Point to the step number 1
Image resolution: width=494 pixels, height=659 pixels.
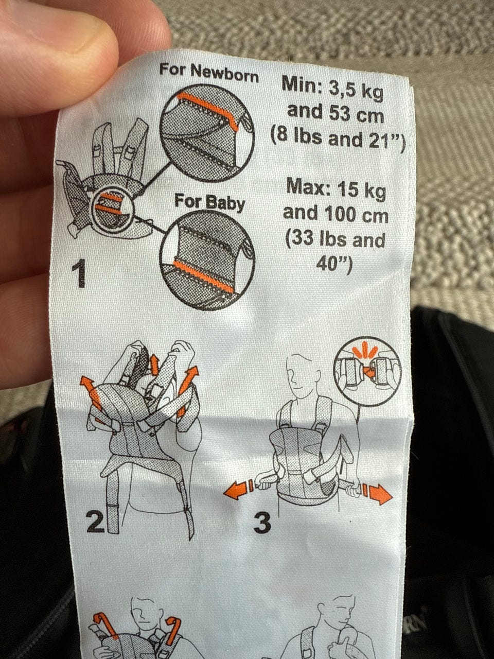pos(79,273)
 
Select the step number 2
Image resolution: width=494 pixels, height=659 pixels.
pos(95,522)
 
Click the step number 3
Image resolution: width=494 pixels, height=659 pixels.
pos(262,523)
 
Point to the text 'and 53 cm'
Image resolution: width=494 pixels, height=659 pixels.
pos(336,114)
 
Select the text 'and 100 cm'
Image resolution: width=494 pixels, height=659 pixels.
pos(336,214)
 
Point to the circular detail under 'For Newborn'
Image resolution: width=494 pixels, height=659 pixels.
pos(207,133)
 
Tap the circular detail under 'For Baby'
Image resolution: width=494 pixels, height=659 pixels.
pos(207,259)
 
